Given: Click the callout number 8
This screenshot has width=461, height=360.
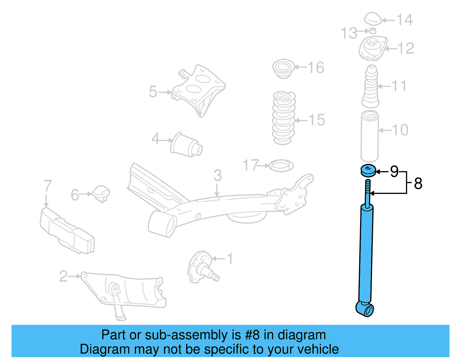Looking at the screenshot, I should coord(418,184).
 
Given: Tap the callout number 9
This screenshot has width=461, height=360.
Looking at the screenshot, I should coord(394,171).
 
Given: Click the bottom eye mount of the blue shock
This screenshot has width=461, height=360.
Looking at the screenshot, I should coord(365,309).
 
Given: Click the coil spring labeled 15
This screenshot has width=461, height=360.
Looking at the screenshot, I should coord(284,118).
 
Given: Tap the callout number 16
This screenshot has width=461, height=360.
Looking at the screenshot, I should coord(316,68).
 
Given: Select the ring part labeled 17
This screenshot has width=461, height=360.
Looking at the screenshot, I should coord(281,166).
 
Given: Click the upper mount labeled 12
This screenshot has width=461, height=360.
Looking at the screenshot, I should coord(373,48).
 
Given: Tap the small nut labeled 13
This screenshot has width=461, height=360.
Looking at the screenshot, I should coord(372,31).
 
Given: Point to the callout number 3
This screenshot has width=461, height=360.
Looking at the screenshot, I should coord(218,176).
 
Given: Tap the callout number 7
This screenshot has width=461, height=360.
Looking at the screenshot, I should coord(48,186).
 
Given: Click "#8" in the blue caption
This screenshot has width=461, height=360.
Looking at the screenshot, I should coord(252,335).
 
